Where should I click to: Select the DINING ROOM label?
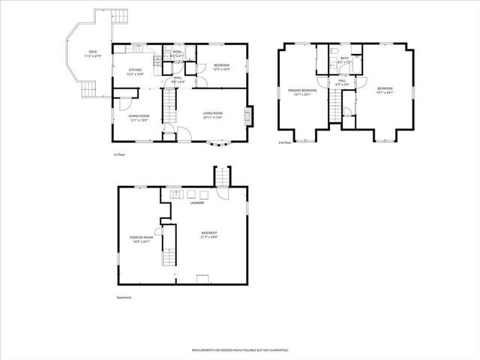pos(139,117)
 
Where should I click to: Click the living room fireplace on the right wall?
pos(250,115)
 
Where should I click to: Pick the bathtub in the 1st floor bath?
pos(176,49)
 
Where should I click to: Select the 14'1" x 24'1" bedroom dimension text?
pos(385,93)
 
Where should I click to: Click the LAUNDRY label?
pos(198,202)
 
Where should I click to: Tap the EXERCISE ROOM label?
pos(141,239)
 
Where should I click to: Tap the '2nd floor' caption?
pos(284,142)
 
